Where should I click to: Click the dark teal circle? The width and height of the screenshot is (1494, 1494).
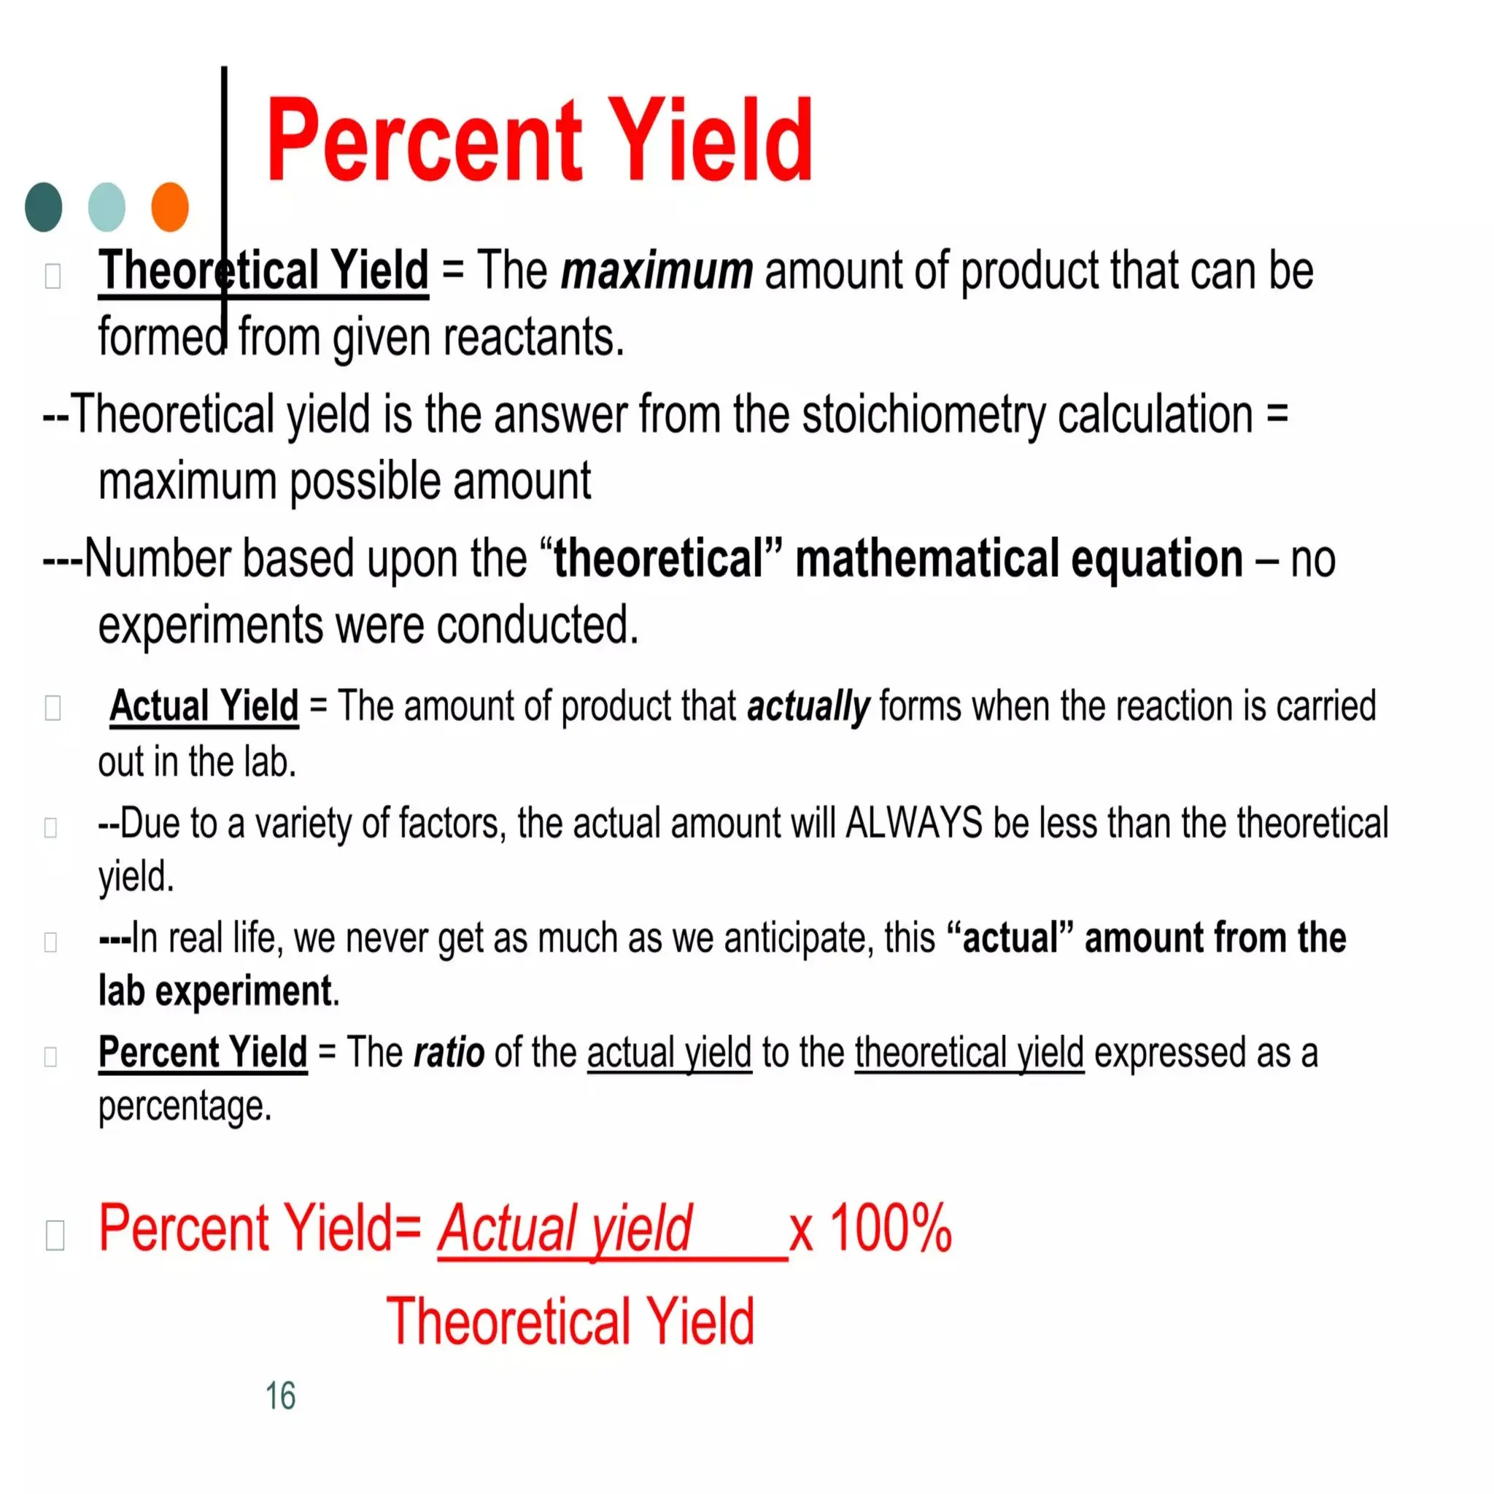43,206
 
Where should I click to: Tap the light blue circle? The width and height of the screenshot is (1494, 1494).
107,206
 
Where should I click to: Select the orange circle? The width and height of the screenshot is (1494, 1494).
170,206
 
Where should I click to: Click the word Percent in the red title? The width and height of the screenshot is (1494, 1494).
423,141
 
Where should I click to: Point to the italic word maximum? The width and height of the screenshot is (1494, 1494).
657,271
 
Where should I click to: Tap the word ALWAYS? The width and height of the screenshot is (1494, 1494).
914,823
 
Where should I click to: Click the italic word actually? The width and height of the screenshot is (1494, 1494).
808,706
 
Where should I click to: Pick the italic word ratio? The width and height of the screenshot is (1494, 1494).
449,1052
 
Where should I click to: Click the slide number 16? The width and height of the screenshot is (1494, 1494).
280,1396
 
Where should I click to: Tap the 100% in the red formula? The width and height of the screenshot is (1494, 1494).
890,1227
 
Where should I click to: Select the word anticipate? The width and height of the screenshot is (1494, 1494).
798,938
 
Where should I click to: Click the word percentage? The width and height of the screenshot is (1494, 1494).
185,1106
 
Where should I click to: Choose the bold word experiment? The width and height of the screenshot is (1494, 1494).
244,991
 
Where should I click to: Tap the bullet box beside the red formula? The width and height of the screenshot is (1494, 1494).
55,1235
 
